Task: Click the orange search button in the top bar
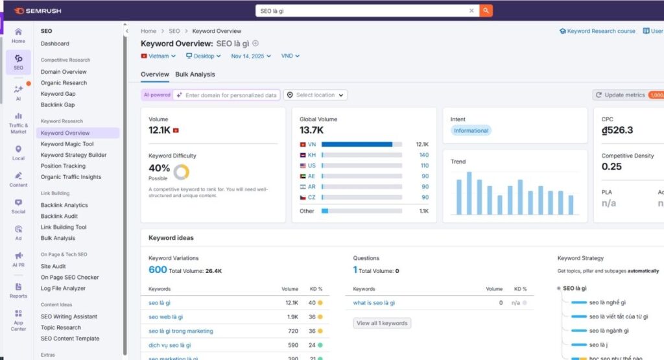(486, 10)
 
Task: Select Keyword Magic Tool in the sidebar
(67, 144)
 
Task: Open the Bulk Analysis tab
(195, 75)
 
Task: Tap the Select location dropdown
(315, 95)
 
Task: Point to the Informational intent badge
(471, 130)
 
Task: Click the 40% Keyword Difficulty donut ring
(182, 172)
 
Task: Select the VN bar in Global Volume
(357, 144)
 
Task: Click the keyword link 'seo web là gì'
(166, 317)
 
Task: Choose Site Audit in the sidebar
(53, 266)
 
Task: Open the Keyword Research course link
(597, 31)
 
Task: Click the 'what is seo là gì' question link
(374, 302)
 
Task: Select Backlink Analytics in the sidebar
(64, 205)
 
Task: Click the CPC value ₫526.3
(617, 130)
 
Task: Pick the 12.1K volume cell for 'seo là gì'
(291, 302)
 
